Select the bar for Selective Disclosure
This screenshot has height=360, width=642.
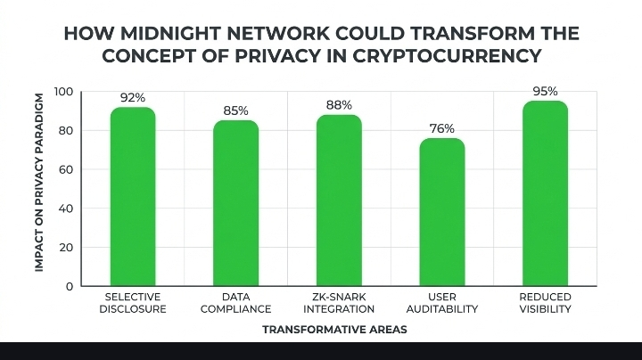click(133, 196)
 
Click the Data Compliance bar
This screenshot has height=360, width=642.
click(235, 203)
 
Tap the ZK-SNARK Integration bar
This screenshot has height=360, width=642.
click(339, 200)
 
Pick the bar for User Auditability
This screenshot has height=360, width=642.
click(442, 212)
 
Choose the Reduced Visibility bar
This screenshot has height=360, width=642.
click(545, 193)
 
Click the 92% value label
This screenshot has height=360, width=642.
click(133, 97)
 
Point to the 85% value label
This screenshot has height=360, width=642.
click(235, 111)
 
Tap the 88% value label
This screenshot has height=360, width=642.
click(339, 105)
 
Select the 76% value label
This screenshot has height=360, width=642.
click(442, 128)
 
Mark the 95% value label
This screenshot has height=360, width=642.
click(545, 91)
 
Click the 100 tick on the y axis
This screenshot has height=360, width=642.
click(62, 92)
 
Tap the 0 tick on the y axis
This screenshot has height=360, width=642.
click(69, 286)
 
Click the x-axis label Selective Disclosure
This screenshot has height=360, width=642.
click(133, 303)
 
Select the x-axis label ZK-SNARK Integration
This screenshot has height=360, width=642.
click(339, 303)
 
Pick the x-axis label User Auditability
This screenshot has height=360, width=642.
click(442, 303)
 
